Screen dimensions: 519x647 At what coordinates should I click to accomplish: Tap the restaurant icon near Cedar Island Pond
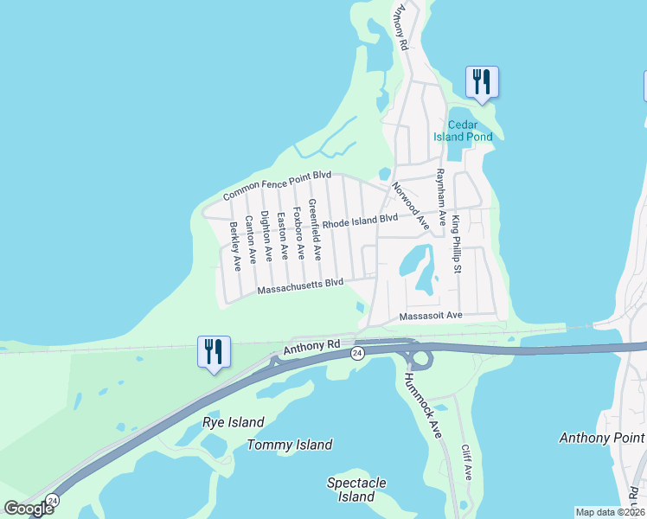pos(482,82)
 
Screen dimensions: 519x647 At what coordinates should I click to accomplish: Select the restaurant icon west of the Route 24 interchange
pos(214,351)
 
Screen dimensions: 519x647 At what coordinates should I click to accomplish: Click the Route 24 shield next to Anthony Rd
pos(356,353)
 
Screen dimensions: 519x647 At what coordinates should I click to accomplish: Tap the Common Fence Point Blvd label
pos(277,185)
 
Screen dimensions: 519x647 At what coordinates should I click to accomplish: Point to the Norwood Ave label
pos(411,204)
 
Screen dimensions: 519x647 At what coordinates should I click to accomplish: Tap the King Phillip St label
pos(456,238)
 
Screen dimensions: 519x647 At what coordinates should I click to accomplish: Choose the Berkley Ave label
pos(234,247)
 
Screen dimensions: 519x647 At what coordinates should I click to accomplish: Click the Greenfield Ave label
pos(315,231)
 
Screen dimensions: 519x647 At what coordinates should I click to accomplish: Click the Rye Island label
pos(233,422)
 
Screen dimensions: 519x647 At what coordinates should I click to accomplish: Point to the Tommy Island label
pos(289,445)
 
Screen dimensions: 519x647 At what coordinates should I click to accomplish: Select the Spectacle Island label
pos(356,490)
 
